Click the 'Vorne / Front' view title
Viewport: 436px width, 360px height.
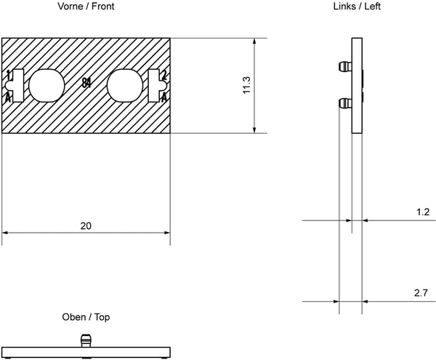(86, 6)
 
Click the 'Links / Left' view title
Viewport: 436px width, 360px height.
(357, 6)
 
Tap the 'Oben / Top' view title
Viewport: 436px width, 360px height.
(86, 317)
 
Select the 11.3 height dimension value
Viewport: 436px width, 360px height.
(246, 85)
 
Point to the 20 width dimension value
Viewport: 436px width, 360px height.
(86, 225)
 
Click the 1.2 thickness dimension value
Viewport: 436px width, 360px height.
(423, 212)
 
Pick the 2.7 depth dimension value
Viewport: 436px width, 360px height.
(421, 292)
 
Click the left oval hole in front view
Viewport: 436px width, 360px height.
(47, 85)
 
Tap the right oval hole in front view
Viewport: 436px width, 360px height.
(125, 85)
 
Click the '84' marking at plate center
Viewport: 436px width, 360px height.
(86, 83)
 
